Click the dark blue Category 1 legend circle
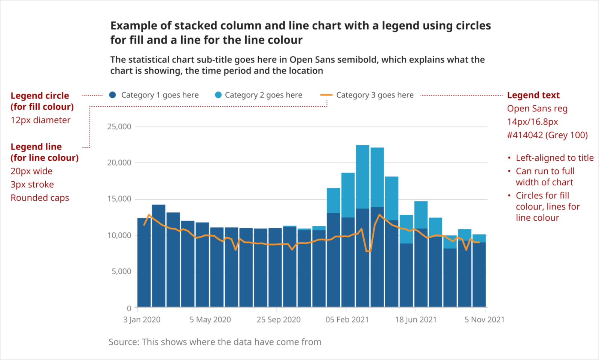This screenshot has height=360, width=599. click(112, 95)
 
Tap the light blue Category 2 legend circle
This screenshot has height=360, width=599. click(218, 95)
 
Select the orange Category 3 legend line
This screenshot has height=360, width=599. click(326, 95)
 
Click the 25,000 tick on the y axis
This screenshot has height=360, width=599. click(119, 127)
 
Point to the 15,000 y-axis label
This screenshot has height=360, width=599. click(119, 199)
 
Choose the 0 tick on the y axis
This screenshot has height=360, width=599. click(129, 308)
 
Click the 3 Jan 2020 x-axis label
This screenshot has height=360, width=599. click(142, 320)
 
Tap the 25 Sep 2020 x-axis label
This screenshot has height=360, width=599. click(279, 320)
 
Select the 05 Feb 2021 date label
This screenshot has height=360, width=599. click(347, 320)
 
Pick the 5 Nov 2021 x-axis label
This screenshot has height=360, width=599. click(484, 320)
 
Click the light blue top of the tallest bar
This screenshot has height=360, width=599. click(362, 176)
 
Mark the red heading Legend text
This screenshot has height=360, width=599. click(533, 95)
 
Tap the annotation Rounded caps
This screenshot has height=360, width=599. click(40, 198)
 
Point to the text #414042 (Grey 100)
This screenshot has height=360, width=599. click(547, 135)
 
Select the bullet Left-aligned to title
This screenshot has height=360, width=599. click(554, 158)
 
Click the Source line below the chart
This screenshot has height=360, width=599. click(215, 342)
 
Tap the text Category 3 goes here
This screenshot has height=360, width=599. click(375, 95)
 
